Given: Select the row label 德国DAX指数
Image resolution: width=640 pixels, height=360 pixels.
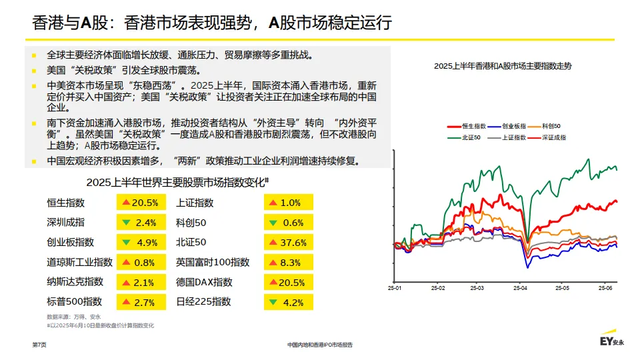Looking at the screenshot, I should click(x=204, y=282).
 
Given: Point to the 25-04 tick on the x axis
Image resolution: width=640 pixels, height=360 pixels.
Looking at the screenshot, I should click(x=519, y=289).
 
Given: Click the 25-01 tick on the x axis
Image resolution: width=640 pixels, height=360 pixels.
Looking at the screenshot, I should click(x=395, y=289).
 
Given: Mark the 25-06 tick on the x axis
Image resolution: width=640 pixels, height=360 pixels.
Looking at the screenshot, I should click(x=605, y=289).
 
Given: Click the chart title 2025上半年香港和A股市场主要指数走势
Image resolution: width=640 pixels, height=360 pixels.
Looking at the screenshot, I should click(x=502, y=66).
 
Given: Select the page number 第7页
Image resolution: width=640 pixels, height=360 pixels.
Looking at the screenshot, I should click(x=39, y=345).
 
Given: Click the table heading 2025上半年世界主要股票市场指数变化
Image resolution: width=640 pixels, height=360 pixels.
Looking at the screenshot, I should click(x=177, y=183).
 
